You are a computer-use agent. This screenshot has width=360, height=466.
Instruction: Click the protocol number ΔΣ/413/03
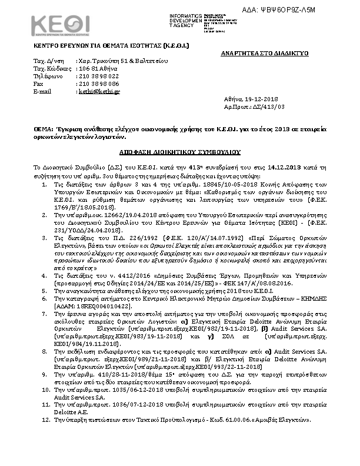point(269,108)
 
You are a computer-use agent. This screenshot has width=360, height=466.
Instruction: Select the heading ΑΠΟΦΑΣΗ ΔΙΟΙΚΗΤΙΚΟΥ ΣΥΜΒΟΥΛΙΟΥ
point(180,151)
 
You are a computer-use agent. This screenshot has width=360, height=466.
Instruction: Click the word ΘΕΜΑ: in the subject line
point(42,127)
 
